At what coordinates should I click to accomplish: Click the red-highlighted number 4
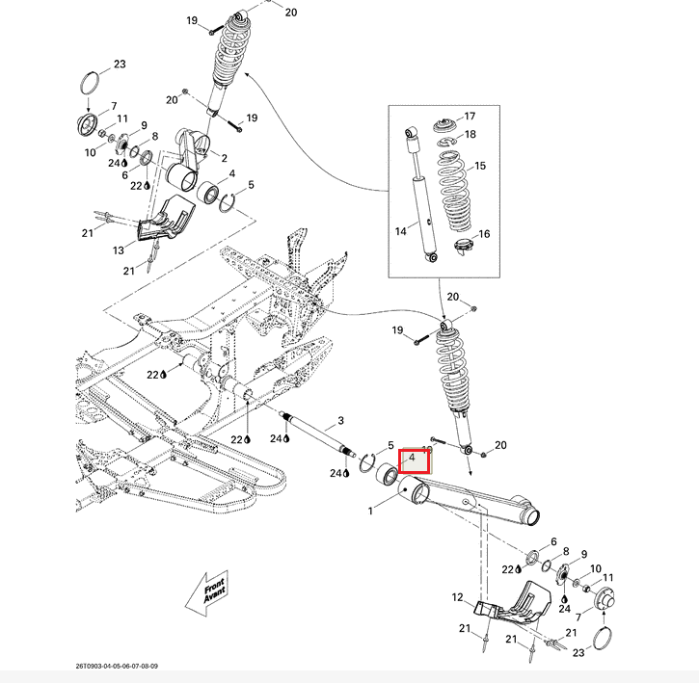[412, 458]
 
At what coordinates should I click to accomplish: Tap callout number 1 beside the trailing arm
[370, 512]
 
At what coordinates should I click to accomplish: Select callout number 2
[224, 157]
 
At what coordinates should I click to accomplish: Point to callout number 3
[339, 422]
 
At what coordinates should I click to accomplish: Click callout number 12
[458, 598]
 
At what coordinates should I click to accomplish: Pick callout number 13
[119, 250]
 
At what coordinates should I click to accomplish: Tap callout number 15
[480, 166]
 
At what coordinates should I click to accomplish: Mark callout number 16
[484, 234]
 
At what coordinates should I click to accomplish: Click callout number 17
[470, 116]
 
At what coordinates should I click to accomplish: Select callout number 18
[470, 135]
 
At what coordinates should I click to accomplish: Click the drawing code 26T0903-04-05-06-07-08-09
[117, 665]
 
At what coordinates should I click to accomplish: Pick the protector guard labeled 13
[164, 223]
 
